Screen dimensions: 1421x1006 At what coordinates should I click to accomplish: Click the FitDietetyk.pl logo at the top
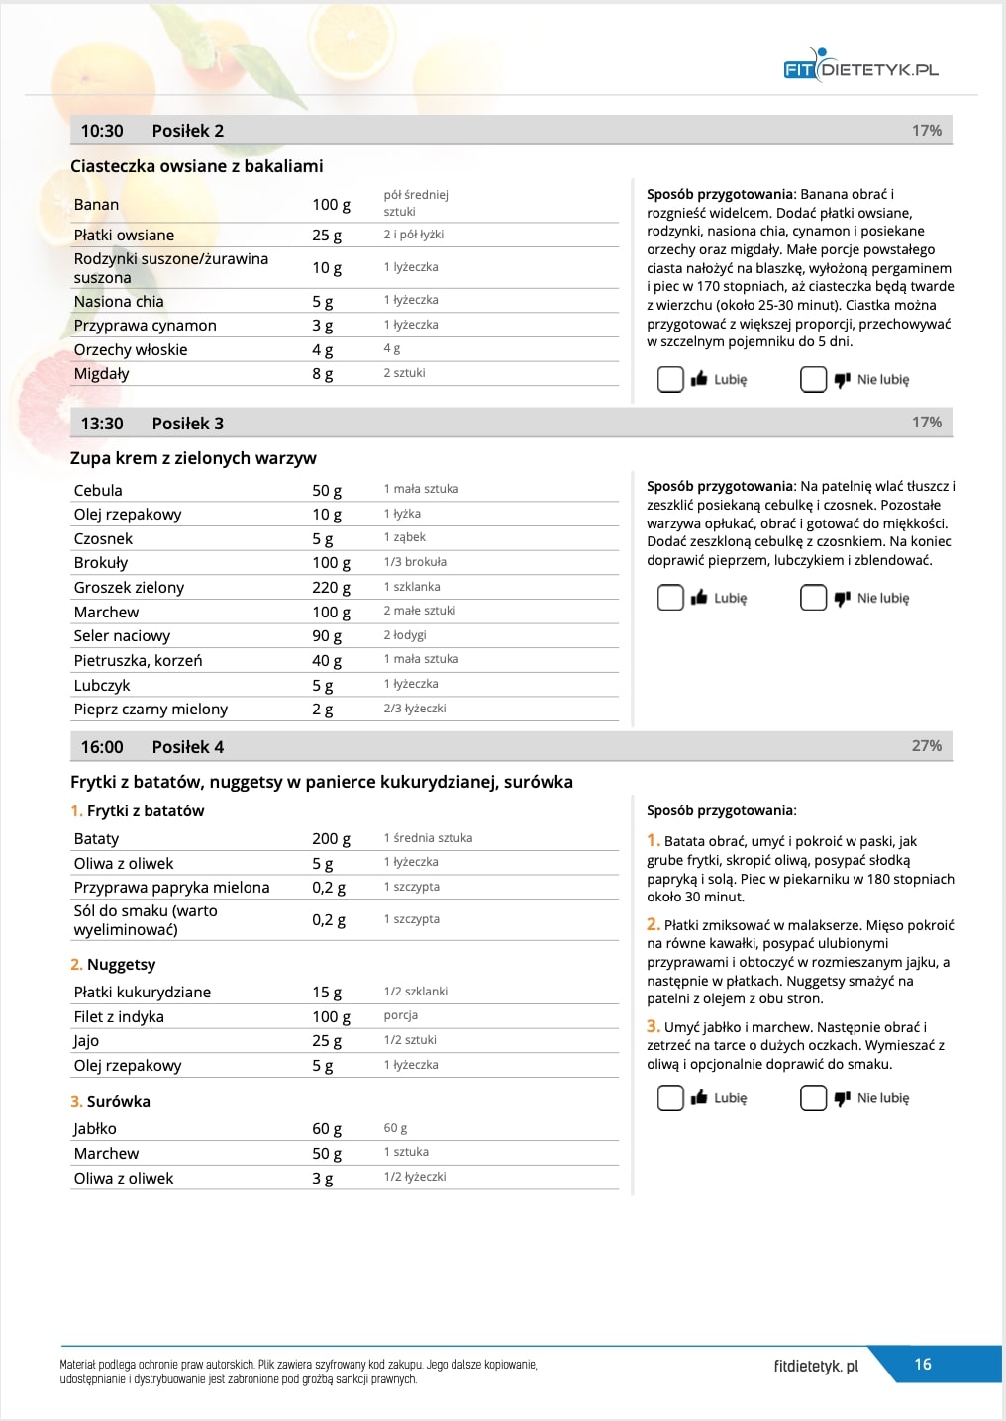click(x=860, y=67)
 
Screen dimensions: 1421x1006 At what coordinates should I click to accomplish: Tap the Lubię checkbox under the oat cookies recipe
click(x=671, y=379)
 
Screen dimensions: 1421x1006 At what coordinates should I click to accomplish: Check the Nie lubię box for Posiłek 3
click(x=813, y=598)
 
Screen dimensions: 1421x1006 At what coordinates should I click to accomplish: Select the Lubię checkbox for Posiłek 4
click(x=671, y=1097)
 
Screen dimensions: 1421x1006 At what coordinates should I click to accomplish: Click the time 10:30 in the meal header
click(x=102, y=131)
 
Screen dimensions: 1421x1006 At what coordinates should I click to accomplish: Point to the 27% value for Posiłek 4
click(x=926, y=746)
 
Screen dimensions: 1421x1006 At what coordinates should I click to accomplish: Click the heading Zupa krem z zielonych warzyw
click(x=193, y=458)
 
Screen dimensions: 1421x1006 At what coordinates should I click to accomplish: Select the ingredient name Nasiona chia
click(x=119, y=301)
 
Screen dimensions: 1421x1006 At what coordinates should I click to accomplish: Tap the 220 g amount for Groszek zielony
click(x=331, y=587)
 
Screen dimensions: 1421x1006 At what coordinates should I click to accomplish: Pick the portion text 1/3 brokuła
click(x=415, y=562)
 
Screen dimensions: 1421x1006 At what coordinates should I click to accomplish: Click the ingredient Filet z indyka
click(x=119, y=1016)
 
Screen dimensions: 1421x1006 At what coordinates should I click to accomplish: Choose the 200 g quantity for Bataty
click(x=331, y=838)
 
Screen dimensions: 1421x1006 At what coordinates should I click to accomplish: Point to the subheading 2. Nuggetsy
click(x=113, y=964)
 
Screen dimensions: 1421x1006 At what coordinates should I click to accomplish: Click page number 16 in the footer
click(x=923, y=1364)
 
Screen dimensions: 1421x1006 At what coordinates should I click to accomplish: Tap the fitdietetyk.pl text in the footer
click(x=816, y=1366)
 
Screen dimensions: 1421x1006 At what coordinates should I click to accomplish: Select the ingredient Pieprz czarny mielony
click(x=151, y=709)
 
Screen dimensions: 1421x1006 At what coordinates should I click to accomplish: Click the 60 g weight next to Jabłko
click(x=327, y=1128)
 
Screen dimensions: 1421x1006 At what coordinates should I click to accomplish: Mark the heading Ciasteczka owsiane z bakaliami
click(x=196, y=166)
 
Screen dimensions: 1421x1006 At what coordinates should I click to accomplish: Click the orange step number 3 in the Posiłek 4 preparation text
click(x=653, y=1026)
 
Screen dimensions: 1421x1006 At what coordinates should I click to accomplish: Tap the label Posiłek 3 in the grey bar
click(x=187, y=424)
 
